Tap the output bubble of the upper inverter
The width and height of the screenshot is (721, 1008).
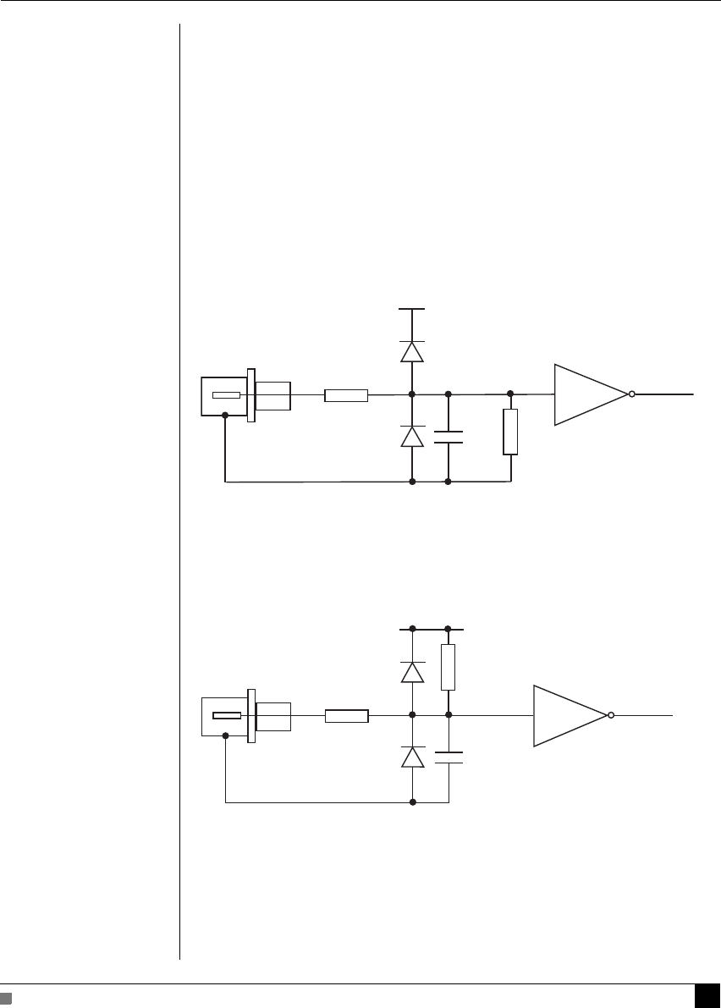point(631,394)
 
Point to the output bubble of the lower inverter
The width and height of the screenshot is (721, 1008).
point(610,716)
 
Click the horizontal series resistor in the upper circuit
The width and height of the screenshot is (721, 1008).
point(346,394)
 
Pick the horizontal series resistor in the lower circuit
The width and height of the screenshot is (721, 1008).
point(346,716)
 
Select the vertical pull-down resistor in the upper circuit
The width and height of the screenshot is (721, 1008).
point(509,432)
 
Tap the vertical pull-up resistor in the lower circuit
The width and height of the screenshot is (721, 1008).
point(449,667)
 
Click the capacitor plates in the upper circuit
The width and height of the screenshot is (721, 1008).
point(448,437)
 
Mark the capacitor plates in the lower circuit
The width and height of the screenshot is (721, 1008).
point(449,757)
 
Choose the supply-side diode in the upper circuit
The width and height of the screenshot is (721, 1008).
point(411,351)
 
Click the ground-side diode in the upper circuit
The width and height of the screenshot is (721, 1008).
point(411,436)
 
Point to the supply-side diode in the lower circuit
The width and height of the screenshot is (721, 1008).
point(412,672)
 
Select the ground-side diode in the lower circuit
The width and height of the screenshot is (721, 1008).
point(412,757)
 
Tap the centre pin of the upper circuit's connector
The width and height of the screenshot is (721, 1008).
point(226,395)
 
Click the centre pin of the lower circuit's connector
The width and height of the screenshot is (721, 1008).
point(226,716)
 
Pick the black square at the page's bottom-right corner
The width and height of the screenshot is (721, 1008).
point(707,996)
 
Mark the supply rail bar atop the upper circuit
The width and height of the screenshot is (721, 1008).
point(411,309)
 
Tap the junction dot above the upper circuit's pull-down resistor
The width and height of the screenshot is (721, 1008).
point(509,394)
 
